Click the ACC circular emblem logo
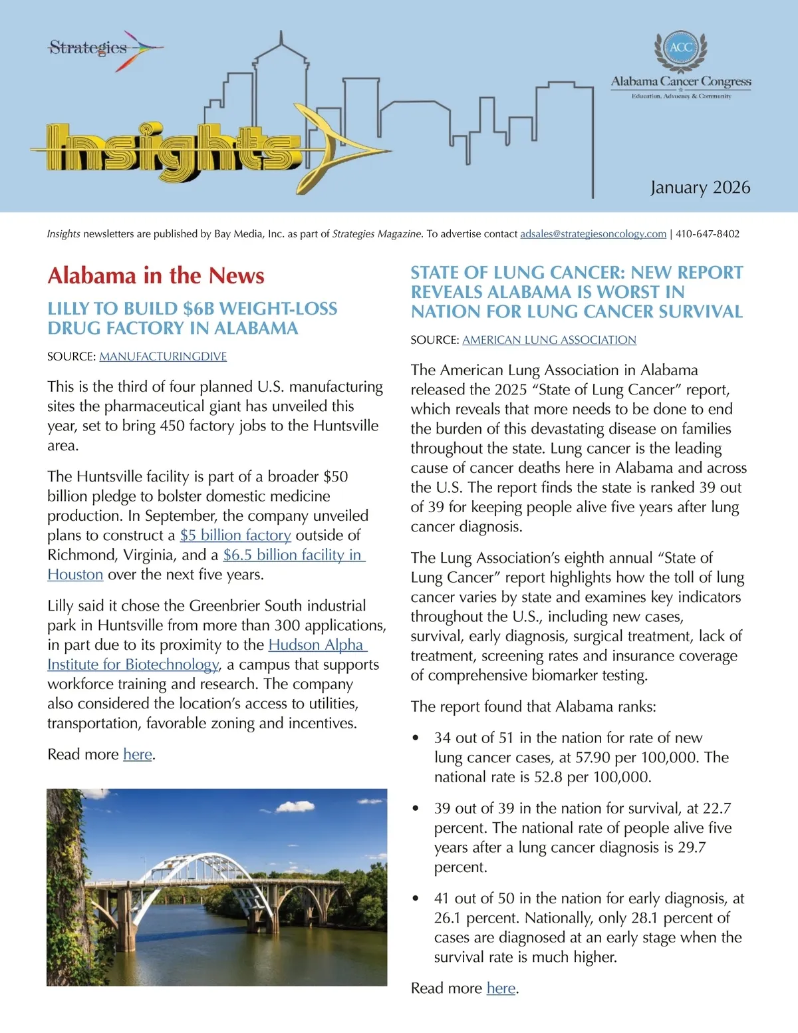click(680, 48)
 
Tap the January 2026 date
click(700, 188)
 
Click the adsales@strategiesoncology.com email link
click(593, 234)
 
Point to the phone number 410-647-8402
click(708, 234)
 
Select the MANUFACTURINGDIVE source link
click(163, 357)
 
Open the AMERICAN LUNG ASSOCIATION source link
click(549, 340)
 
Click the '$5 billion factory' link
click(235, 535)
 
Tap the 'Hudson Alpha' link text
click(317, 645)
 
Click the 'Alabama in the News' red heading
click(156, 276)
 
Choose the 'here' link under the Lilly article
click(138, 754)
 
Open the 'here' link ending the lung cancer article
click(501, 988)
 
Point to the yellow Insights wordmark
click(166, 152)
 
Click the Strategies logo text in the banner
click(88, 48)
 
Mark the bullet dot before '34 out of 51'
click(416, 738)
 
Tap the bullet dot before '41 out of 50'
click(416, 899)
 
